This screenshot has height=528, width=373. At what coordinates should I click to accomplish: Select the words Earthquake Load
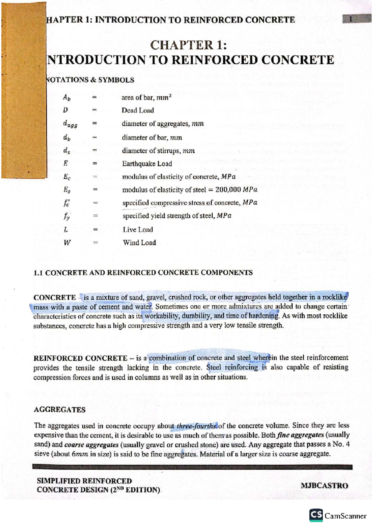pos(147,164)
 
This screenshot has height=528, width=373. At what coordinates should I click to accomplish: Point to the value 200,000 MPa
pos(236,190)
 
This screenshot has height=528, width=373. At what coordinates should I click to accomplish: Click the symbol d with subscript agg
pos(70,124)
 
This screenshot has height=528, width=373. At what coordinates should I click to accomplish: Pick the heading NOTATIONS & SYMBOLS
pos(90,80)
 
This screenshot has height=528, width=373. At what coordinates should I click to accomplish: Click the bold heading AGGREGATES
pos(59,410)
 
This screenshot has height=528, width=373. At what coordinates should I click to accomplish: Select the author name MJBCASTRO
pos(324,486)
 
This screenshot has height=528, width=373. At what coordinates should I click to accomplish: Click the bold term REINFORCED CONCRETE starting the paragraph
pos(80,358)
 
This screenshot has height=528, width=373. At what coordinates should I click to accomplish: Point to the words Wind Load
pos(139,243)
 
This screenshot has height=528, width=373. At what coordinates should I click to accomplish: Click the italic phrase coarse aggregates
pos(91,445)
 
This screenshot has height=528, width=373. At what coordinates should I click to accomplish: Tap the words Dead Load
pos(138,110)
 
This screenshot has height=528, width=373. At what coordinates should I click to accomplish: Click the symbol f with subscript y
pos(67,216)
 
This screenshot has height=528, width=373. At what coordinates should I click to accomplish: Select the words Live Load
pos(138,230)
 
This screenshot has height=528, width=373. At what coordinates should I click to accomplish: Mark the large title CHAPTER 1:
pos(188,45)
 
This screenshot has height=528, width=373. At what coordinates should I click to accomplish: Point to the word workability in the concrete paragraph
pos(162,316)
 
